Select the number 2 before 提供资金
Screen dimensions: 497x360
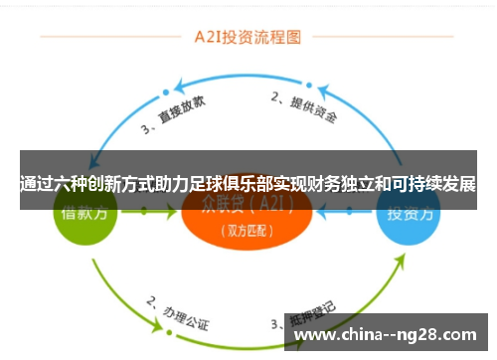[276, 97]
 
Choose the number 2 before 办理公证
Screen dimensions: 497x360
[151, 297]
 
